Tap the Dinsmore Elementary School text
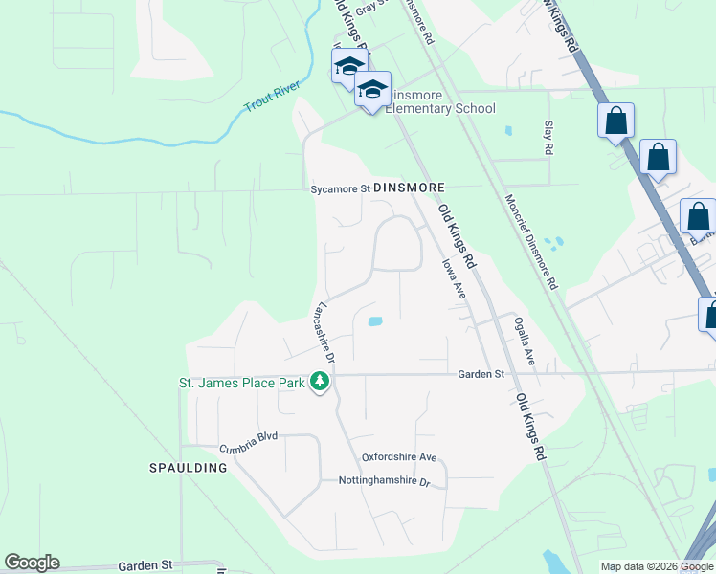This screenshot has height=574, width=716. click(441, 108)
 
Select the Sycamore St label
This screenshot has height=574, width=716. click(339, 189)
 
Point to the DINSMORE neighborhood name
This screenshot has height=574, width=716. click(410, 188)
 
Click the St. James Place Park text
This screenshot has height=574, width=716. click(242, 384)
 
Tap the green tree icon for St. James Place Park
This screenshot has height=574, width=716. click(320, 384)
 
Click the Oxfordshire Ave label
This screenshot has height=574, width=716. click(398, 457)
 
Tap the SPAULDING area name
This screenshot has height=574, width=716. click(189, 468)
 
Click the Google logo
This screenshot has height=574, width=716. click(32, 563)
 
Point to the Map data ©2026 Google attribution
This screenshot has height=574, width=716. click(657, 566)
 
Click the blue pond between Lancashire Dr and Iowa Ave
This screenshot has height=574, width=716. click(374, 322)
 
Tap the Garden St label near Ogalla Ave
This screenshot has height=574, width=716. click(480, 375)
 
